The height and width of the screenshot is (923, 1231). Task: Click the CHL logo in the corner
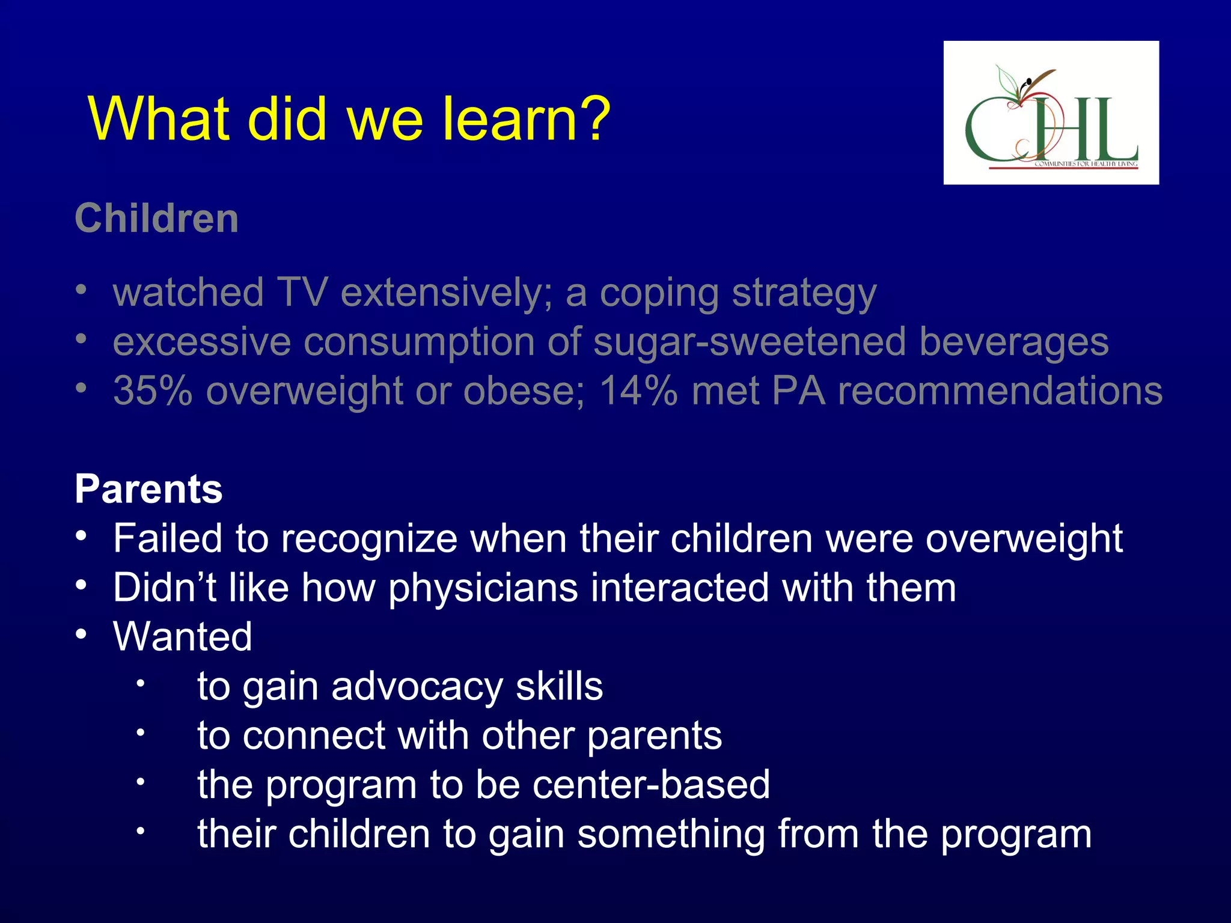click(1051, 113)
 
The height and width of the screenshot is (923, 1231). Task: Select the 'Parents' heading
click(148, 489)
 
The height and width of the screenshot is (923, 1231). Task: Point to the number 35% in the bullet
click(153, 391)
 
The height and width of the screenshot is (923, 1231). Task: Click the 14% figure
click(638, 391)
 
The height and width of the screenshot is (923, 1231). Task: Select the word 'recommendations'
click(1000, 391)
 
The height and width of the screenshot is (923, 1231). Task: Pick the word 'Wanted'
click(183, 637)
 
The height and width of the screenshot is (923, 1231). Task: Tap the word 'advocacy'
click(417, 686)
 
